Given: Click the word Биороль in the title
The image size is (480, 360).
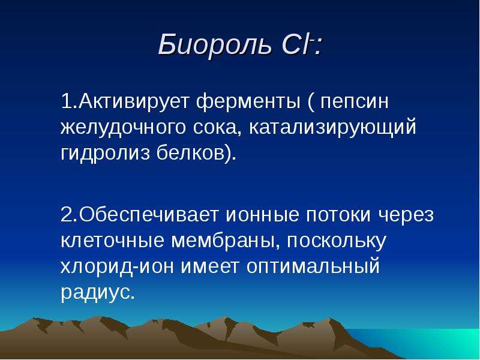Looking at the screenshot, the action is tap(214, 44).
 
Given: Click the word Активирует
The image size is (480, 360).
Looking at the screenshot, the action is tap(133, 101).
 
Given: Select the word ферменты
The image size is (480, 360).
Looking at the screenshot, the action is tap(248, 103).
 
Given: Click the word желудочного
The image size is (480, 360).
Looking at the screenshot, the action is tap(123, 128).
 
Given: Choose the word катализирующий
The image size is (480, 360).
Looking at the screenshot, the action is tap(333, 128).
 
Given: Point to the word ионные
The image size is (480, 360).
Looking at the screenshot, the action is tap(262, 215).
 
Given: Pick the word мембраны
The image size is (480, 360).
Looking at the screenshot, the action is tap(226, 241).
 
